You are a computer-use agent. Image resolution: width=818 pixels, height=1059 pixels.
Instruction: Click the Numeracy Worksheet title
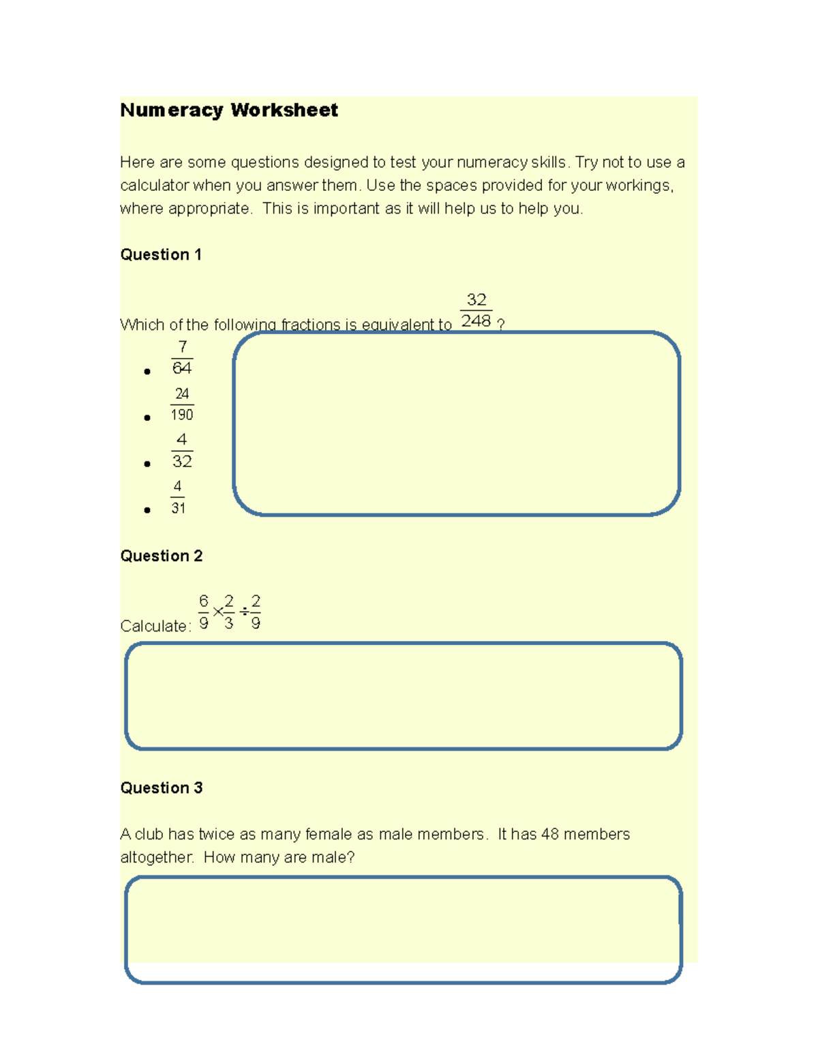click(x=229, y=110)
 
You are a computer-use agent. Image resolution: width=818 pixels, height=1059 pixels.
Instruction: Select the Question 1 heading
click(x=161, y=255)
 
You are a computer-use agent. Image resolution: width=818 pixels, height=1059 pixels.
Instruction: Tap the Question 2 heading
click(x=161, y=556)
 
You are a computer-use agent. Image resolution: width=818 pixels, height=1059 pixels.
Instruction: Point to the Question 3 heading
click(x=161, y=788)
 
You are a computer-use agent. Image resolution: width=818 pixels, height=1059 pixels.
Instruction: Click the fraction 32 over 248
click(x=476, y=311)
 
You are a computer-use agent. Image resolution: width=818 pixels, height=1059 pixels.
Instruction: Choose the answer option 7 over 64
click(x=182, y=358)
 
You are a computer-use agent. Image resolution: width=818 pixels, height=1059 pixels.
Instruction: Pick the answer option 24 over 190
click(x=182, y=404)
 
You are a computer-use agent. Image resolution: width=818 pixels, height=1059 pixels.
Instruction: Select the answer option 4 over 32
click(x=182, y=451)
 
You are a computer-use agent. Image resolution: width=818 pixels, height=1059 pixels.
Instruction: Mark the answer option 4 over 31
click(x=178, y=498)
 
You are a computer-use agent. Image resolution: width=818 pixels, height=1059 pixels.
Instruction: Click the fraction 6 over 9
click(x=203, y=612)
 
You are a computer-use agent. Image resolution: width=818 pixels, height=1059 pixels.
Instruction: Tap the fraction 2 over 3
click(x=229, y=612)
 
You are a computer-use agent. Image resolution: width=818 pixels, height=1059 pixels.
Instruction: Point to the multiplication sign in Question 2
click(x=217, y=612)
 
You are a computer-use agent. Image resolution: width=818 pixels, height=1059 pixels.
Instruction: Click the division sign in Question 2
click(x=244, y=612)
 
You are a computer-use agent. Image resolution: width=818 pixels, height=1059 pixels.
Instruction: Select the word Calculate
click(x=154, y=627)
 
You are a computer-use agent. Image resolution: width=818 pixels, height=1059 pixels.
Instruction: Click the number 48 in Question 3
click(x=550, y=835)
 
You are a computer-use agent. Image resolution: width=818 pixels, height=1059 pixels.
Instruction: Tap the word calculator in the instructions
click(x=154, y=185)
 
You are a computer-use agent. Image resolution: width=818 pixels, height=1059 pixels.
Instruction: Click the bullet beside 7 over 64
click(x=147, y=372)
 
